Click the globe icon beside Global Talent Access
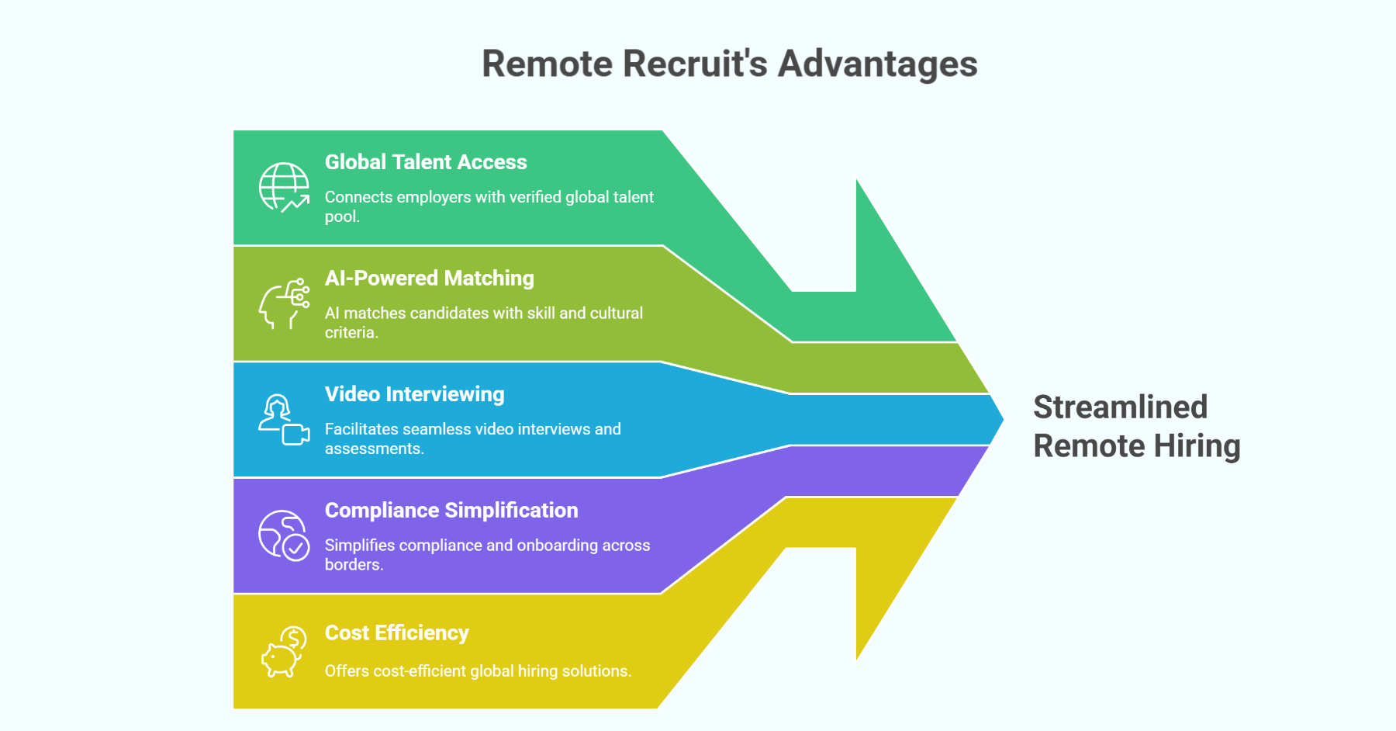click(283, 187)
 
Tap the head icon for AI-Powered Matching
click(283, 303)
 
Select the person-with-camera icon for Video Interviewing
click(283, 420)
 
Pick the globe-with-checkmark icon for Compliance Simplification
click(283, 535)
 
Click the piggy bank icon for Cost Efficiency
click(283, 653)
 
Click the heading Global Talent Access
click(425, 162)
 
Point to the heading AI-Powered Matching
click(429, 279)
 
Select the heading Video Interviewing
click(414, 394)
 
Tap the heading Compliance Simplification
click(451, 511)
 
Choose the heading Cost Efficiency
click(396, 633)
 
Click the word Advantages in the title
click(877, 64)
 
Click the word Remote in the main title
click(548, 64)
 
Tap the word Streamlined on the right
click(1120, 407)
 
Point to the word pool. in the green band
click(342, 217)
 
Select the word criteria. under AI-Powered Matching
click(351, 333)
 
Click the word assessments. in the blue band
click(374, 449)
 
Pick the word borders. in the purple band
click(354, 565)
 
